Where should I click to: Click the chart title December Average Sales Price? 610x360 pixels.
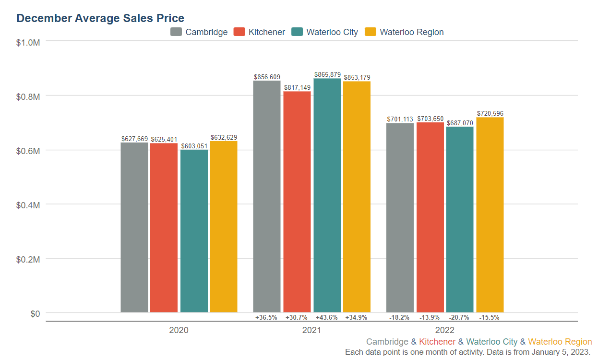pyautogui.click(x=100, y=18)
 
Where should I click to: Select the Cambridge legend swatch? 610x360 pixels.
pyautogui.click(x=176, y=32)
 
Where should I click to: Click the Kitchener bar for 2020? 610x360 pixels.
pyautogui.click(x=164, y=228)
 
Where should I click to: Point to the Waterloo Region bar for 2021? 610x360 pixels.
pyautogui.click(x=357, y=197)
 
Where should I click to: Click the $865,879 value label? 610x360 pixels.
pyautogui.click(x=327, y=75)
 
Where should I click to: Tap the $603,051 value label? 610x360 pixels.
pyautogui.click(x=194, y=146)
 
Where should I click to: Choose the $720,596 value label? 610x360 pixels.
pyautogui.click(x=490, y=113)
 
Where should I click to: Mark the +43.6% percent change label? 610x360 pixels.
pyautogui.click(x=327, y=317)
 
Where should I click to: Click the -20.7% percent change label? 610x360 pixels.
pyautogui.click(x=459, y=317)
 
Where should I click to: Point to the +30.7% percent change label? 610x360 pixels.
pyautogui.click(x=297, y=317)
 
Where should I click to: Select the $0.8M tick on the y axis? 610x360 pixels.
pyautogui.click(x=28, y=96)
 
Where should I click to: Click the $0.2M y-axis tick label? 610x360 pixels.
pyautogui.click(x=28, y=259)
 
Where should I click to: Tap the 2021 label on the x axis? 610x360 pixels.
pyautogui.click(x=311, y=330)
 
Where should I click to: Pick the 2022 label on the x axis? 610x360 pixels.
pyautogui.click(x=444, y=330)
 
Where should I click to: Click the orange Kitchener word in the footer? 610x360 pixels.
pyautogui.click(x=437, y=342)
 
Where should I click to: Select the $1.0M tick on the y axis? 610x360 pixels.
pyautogui.click(x=28, y=42)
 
